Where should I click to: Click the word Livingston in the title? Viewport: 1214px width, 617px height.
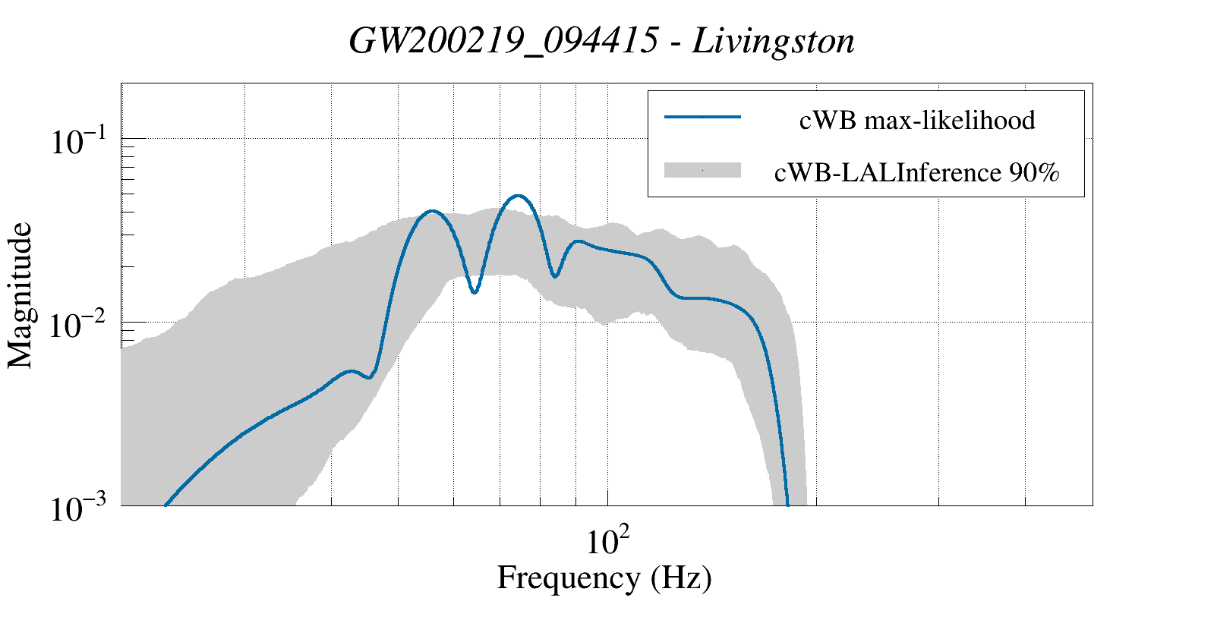coord(773,42)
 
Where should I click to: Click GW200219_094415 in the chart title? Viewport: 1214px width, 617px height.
coord(503,42)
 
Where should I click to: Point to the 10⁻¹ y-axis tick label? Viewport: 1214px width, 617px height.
coord(81,142)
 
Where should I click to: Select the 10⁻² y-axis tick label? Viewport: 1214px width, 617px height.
coord(81,326)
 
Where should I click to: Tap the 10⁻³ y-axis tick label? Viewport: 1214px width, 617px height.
coord(81,509)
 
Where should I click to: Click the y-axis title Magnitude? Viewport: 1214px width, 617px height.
coord(20,295)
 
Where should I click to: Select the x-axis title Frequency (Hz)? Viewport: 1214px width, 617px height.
coord(604,578)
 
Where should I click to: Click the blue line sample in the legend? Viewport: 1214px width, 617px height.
coord(702,118)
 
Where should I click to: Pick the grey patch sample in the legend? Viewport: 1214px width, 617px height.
coord(702,171)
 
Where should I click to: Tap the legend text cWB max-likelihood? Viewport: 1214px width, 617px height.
coord(917,120)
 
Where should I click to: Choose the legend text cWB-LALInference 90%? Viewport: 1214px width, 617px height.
coord(916,173)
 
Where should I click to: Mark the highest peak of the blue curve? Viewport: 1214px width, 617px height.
coord(519,196)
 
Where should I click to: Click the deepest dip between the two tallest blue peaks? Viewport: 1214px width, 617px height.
coord(474,292)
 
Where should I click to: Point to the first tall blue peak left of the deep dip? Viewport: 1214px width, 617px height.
coord(432,211)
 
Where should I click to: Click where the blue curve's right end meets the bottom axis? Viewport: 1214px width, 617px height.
coord(787,505)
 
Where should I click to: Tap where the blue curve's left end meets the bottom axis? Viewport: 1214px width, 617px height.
coord(166,505)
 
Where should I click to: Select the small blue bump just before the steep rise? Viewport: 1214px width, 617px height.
coord(350,371)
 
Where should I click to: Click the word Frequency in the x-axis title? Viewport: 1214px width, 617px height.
coord(568,578)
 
